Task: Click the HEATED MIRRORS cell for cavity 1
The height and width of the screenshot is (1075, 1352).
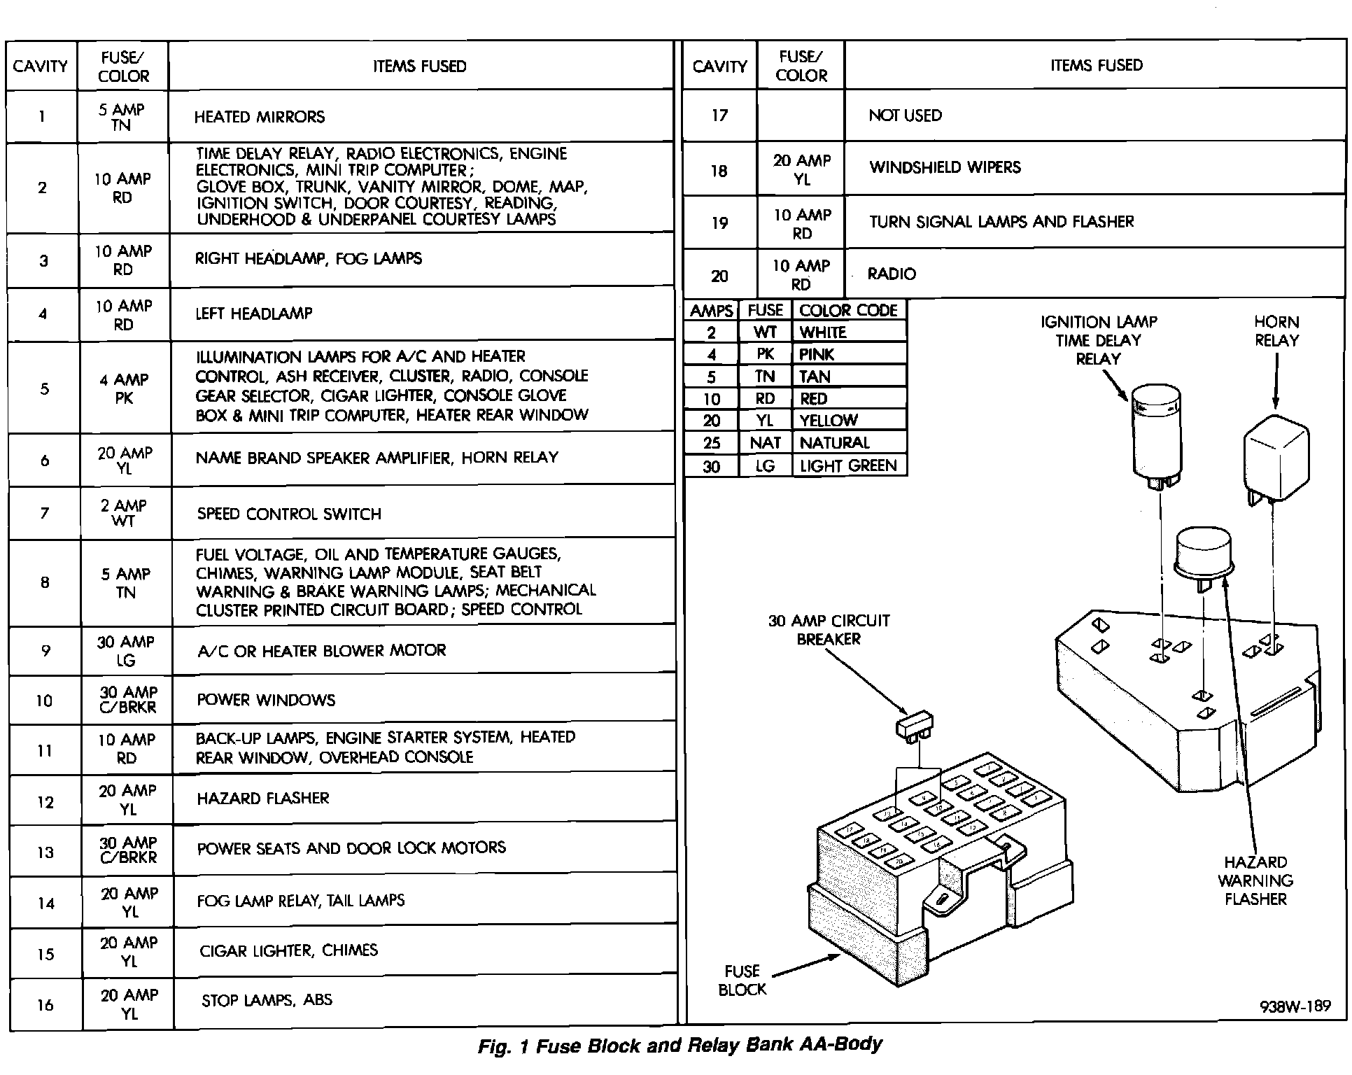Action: point(260,117)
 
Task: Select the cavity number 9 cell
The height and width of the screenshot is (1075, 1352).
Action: point(45,651)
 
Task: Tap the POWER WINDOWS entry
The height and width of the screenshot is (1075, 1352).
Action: point(266,700)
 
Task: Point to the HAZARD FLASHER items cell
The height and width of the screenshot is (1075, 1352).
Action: point(262,799)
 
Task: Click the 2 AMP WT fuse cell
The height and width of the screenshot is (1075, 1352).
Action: point(124,513)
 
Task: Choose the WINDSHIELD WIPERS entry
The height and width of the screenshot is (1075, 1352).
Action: point(945,167)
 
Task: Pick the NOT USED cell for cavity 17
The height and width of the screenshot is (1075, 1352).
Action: point(905,115)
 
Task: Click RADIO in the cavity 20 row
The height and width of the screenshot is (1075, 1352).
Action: point(892,274)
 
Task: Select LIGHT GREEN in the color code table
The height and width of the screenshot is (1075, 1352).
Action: point(847,465)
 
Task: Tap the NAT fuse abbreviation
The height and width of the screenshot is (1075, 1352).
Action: point(765,443)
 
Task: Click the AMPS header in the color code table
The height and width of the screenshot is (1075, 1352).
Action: point(711,311)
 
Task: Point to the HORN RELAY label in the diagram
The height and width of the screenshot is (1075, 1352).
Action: point(1276,331)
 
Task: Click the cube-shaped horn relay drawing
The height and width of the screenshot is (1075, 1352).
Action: point(1275,458)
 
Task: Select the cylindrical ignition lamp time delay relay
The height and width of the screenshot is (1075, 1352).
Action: point(1156,434)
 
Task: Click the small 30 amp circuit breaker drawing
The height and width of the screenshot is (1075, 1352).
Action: point(915,725)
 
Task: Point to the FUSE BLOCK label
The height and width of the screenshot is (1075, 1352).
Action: point(742,981)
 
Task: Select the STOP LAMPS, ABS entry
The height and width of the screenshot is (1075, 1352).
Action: point(267,1001)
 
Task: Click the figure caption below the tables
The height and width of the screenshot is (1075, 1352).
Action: point(679,1046)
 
